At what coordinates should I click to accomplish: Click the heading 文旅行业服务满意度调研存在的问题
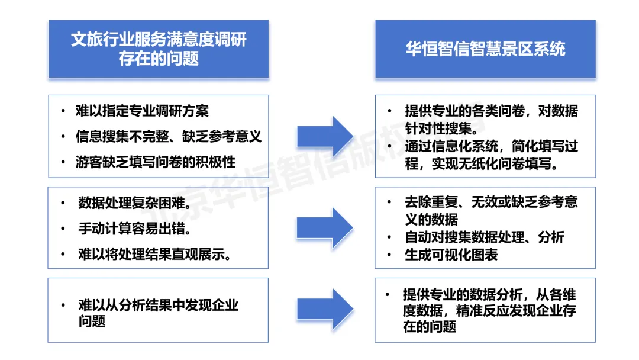[159, 49]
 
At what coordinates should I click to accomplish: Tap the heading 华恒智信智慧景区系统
[485, 49]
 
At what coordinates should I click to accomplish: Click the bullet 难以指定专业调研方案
[142, 111]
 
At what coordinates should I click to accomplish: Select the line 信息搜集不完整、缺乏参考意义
[169, 136]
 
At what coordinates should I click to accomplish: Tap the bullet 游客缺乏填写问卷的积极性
[155, 162]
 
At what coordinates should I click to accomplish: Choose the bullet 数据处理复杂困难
[141, 203]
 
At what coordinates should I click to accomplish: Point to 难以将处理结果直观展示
[155, 254]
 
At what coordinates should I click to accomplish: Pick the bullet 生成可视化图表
[451, 255]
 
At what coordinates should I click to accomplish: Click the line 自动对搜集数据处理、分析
[485, 237]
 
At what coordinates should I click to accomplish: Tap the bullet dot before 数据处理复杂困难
[63, 203]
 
